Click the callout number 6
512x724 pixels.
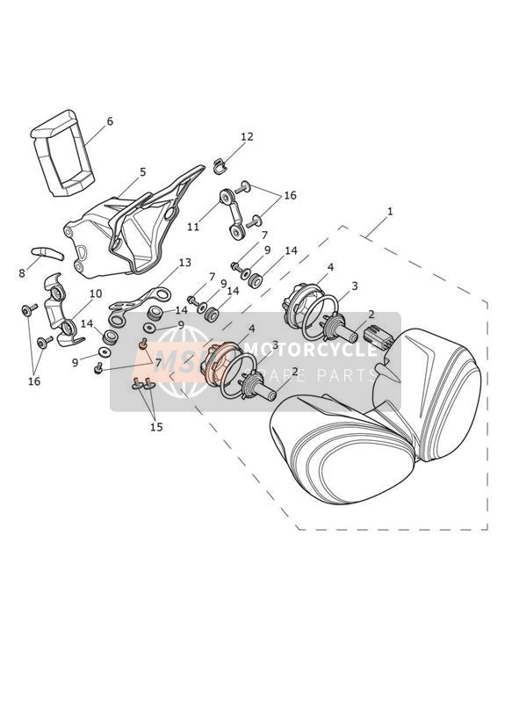110,121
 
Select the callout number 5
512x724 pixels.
142,172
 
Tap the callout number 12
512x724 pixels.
247,137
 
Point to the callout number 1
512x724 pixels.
390,212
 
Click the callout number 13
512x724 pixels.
184,263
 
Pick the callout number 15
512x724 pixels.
156,427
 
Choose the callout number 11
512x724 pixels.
193,227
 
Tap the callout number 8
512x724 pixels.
22,273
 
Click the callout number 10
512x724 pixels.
96,294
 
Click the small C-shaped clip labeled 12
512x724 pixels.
220,166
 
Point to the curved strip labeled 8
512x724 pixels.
47,253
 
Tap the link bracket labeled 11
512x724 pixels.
231,214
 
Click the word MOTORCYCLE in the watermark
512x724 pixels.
310,350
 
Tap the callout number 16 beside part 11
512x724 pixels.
290,195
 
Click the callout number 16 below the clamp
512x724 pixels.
34,381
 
